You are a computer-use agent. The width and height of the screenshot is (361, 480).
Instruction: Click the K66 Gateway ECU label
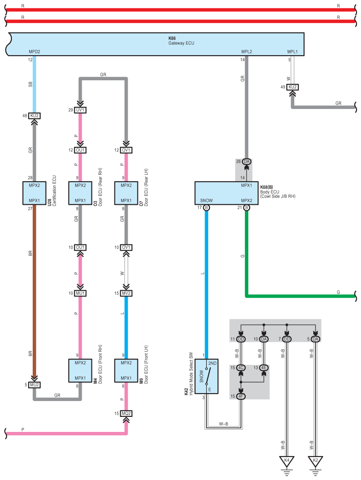click(x=181, y=41)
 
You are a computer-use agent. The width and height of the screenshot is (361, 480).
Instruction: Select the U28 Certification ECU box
click(x=34, y=193)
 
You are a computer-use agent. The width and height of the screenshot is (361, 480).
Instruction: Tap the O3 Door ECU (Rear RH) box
click(x=80, y=193)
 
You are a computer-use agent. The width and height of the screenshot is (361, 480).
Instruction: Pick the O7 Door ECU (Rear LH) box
click(x=126, y=193)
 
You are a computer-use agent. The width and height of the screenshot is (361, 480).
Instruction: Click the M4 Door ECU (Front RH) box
click(x=80, y=371)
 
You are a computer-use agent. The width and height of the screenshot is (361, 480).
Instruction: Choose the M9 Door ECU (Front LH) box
click(x=126, y=371)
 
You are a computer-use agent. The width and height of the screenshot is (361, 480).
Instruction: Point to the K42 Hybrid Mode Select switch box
click(x=206, y=376)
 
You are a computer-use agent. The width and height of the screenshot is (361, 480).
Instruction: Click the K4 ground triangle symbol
click(x=287, y=461)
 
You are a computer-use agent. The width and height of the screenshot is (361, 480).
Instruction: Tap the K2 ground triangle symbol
click(x=315, y=461)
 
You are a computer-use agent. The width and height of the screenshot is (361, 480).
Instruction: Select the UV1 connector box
click(x=80, y=110)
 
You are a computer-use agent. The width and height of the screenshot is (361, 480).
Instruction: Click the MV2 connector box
click(x=126, y=293)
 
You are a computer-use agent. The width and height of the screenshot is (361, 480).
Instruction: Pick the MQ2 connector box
click(x=126, y=413)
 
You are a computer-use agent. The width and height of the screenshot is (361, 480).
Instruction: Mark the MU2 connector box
click(x=34, y=385)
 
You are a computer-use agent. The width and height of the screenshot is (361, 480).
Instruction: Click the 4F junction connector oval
click(x=241, y=397)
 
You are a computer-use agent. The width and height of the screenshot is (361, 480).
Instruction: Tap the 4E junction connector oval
click(x=264, y=367)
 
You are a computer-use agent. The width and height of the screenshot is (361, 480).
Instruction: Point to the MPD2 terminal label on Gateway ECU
click(x=34, y=52)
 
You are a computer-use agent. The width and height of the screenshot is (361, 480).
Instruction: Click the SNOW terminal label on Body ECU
click(x=206, y=200)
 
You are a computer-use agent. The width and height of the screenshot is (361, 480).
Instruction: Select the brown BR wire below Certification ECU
click(x=34, y=290)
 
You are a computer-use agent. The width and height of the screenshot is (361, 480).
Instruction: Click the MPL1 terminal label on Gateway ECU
click(x=293, y=52)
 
